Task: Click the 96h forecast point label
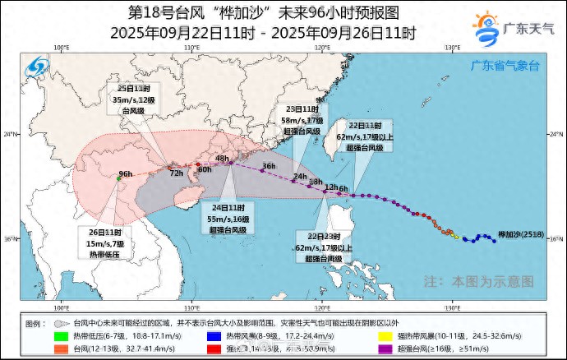tap(126, 174)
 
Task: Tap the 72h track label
tap(176, 173)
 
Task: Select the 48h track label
tap(222, 159)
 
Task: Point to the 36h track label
tap(269, 166)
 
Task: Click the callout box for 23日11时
tap(302, 120)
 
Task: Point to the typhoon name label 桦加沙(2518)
tap(518, 235)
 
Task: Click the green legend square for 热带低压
tap(61, 336)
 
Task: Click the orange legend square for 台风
tap(61, 348)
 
